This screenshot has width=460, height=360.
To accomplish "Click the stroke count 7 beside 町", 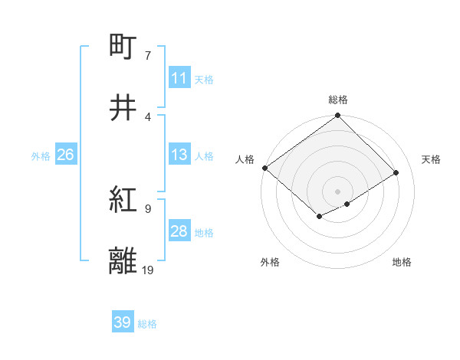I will pyautogui.click(x=147, y=56).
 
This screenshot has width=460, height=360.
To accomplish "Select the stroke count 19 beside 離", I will pyautogui.click(x=147, y=270).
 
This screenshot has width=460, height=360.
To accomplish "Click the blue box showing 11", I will pyautogui.click(x=179, y=78).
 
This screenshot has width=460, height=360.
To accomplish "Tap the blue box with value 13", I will pyautogui.click(x=179, y=155).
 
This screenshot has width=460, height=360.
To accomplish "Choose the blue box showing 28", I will pyautogui.click(x=179, y=231).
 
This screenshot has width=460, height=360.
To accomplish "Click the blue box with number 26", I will pyautogui.click(x=65, y=155).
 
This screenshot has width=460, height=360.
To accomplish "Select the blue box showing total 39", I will pyautogui.click(x=123, y=322).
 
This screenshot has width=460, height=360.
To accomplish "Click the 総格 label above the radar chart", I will pyautogui.click(x=338, y=100).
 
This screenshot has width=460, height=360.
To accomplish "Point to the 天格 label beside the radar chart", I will pyautogui.click(x=432, y=159).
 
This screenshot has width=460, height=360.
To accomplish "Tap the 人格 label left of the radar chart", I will pyautogui.click(x=245, y=159).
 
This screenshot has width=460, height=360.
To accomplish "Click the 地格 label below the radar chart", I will pyautogui.click(x=402, y=262).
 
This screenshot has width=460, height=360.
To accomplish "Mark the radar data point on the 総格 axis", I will pyautogui.click(x=338, y=116).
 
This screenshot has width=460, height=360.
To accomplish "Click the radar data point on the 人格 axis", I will pyautogui.click(x=264, y=168).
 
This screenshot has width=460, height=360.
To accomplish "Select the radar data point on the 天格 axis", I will pyautogui.click(x=396, y=173).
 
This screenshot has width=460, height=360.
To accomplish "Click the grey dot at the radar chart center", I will pyautogui.click(x=338, y=191).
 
